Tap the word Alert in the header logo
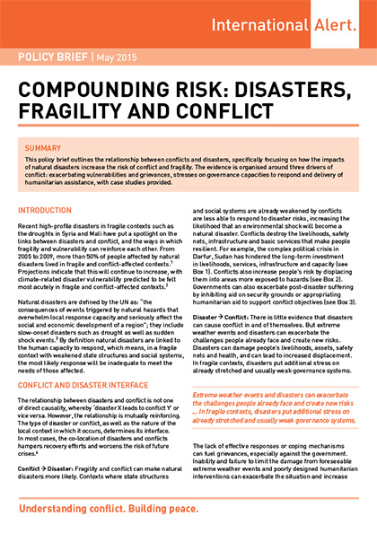pos(338,23)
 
